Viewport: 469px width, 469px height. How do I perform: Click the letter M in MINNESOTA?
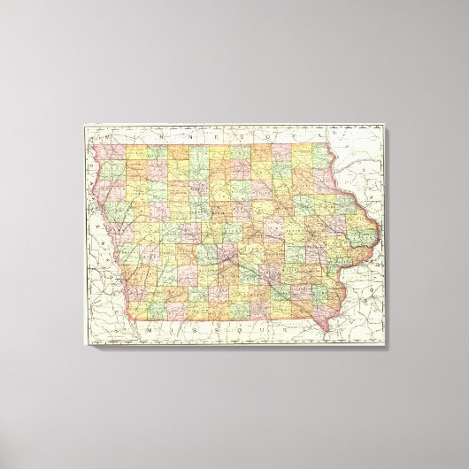coord(104,139)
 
